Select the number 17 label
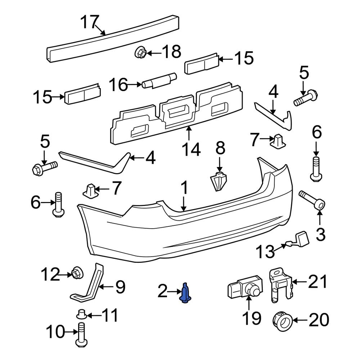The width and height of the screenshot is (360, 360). [x=89, y=22]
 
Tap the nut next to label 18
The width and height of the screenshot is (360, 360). [x=140, y=53]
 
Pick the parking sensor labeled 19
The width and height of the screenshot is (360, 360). [x=244, y=289]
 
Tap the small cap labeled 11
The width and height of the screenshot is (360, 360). [x=82, y=315]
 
